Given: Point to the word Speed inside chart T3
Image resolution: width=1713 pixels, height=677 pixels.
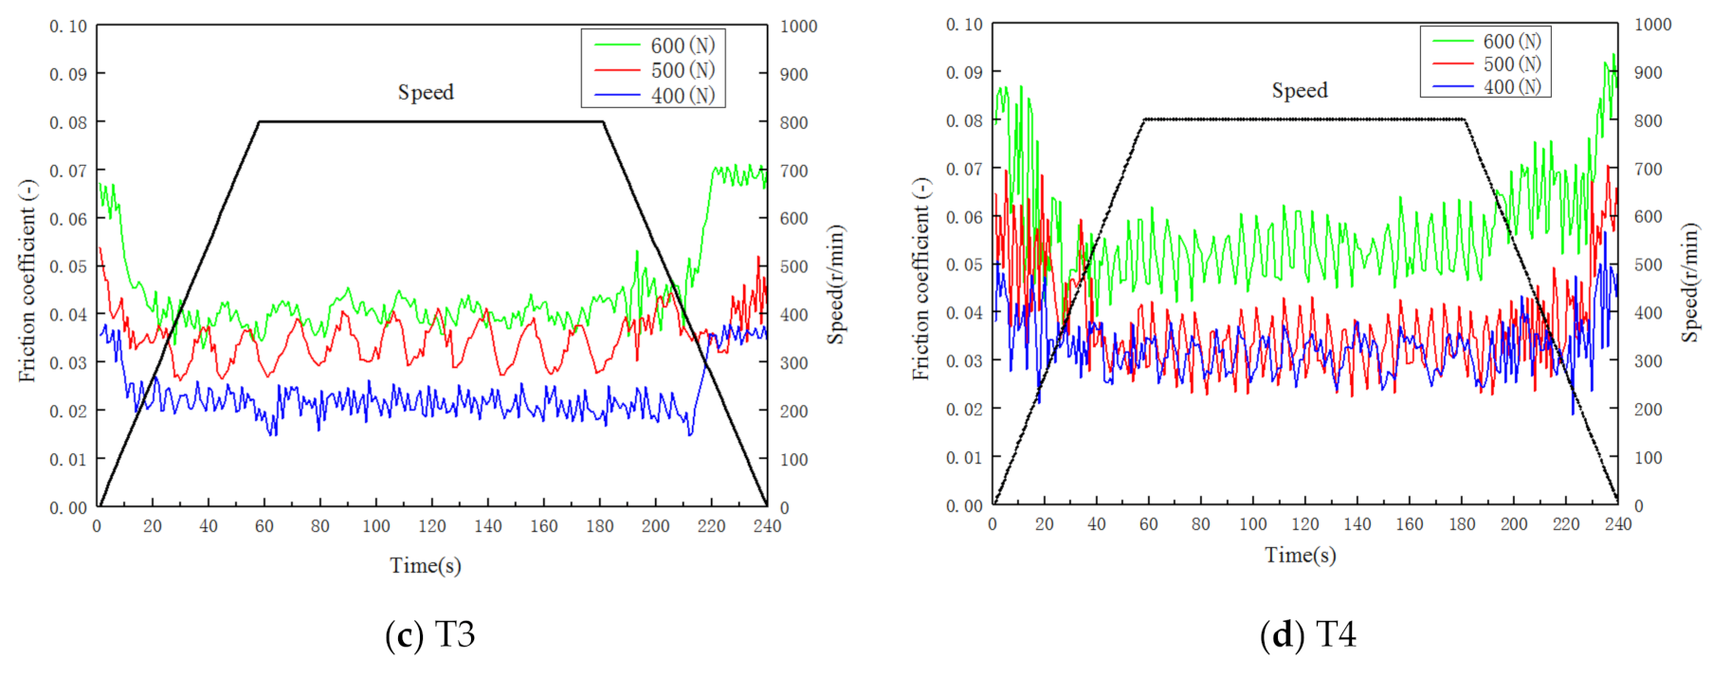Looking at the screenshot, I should (x=426, y=92).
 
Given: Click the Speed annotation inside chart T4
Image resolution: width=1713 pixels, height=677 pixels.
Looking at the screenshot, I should (x=1300, y=90).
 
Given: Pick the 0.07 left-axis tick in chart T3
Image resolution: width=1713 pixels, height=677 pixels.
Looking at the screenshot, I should (x=68, y=171).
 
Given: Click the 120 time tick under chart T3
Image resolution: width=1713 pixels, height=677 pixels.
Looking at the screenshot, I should (x=432, y=526).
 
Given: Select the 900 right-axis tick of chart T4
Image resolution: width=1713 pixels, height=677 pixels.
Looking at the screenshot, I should (x=1648, y=73).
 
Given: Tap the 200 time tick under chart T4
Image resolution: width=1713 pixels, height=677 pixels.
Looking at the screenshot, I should (x=1514, y=524).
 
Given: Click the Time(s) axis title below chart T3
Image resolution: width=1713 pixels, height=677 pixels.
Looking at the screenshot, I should (x=426, y=566).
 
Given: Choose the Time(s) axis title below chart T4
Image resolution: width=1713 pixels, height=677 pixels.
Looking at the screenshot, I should (x=1301, y=555).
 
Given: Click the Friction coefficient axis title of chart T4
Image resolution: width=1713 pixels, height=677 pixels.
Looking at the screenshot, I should (x=920, y=279).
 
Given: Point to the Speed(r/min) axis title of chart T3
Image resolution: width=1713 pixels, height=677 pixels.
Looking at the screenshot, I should (x=835, y=284).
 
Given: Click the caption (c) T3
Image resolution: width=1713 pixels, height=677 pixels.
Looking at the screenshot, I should (x=430, y=634).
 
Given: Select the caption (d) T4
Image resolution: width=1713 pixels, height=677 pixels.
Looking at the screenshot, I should (x=1308, y=634).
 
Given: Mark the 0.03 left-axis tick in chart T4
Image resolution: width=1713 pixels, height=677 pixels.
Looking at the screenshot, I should (x=964, y=360).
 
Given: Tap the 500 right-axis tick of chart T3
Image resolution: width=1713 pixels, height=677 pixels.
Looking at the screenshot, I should (x=793, y=266).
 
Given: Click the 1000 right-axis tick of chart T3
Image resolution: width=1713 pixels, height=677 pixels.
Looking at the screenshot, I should (x=798, y=27).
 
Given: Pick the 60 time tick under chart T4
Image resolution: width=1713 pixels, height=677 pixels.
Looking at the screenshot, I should (x=1148, y=524).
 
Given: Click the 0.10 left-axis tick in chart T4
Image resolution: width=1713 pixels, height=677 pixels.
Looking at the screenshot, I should (x=964, y=25).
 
